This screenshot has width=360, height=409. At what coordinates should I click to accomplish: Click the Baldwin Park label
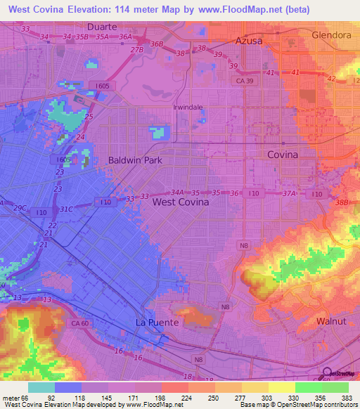pos(135,160)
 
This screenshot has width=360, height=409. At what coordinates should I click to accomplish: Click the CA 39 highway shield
pos(245,82)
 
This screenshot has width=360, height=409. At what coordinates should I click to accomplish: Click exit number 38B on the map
pos(342,202)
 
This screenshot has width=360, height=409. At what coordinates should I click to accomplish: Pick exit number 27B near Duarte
pos(136,50)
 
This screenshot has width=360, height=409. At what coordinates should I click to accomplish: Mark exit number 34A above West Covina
pos(177,192)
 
